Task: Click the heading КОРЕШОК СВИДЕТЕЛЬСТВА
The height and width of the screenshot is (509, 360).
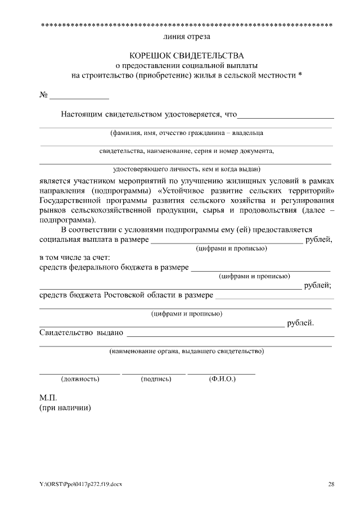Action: point(187,56)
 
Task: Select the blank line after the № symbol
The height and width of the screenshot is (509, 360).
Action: point(79,97)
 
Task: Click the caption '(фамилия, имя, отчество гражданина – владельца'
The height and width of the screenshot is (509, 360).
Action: point(186,133)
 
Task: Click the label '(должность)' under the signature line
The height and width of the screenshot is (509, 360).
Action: point(80,379)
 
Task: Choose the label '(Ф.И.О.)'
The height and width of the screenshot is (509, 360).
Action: point(222,379)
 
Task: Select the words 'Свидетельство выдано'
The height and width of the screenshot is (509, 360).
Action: point(81,332)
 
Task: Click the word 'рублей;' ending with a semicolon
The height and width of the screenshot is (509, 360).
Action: point(317,286)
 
